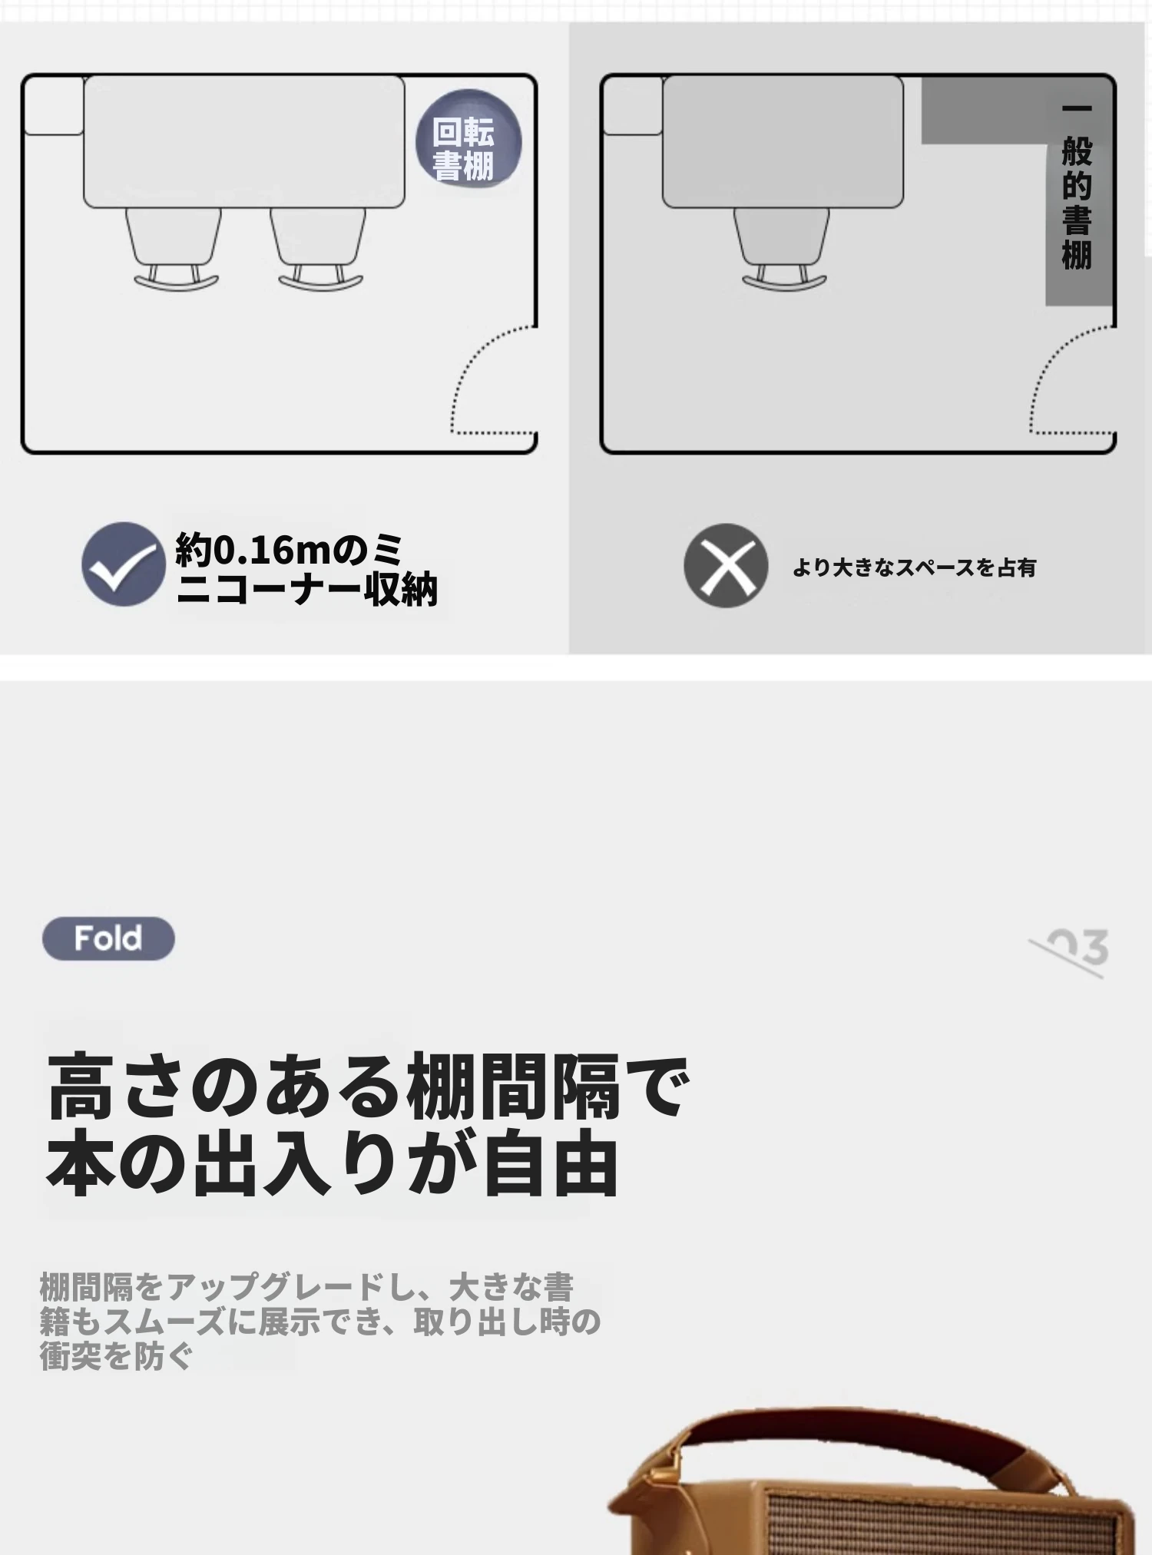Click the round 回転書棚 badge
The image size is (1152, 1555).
click(x=468, y=141)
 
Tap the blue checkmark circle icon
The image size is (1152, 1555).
click(x=123, y=564)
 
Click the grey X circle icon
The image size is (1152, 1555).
click(x=726, y=566)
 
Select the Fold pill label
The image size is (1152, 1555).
click(x=108, y=938)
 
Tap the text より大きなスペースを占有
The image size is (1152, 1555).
click(x=915, y=567)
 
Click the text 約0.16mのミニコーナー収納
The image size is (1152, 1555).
click(x=306, y=569)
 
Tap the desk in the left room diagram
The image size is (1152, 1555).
click(x=244, y=141)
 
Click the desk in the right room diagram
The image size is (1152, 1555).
click(x=783, y=141)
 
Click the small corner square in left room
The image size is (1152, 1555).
click(x=54, y=105)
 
